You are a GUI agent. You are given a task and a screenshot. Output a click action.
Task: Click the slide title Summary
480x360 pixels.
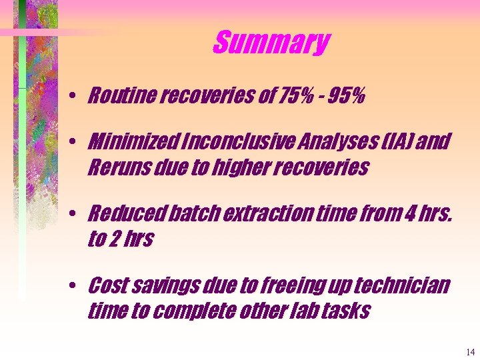[x=271, y=43]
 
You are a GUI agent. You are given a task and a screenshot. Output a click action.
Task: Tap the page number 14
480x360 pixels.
[x=471, y=352]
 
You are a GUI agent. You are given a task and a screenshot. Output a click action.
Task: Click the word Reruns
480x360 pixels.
[x=113, y=167]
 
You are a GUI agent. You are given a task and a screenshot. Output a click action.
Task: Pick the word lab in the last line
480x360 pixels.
[x=297, y=311]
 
